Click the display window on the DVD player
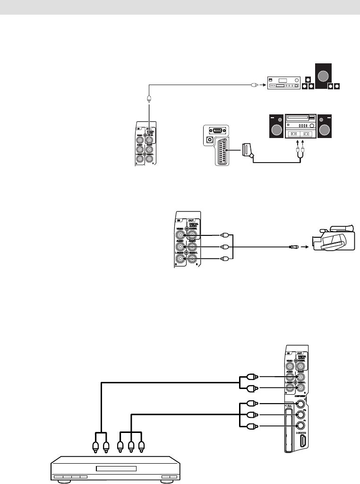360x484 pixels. (x=116, y=469)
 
